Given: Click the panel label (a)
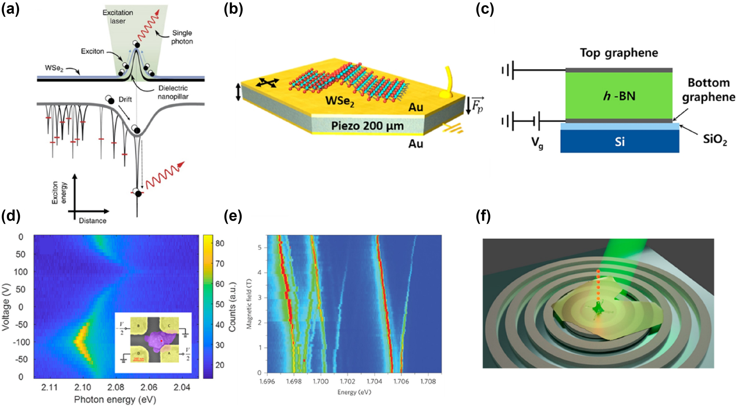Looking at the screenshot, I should (10, 9).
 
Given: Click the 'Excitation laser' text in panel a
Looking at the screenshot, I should (118, 17).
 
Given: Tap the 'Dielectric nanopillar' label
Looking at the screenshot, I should (173, 92).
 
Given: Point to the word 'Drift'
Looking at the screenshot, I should (125, 99).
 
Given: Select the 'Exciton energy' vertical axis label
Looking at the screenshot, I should (59, 192).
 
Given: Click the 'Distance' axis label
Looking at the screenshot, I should (92, 221).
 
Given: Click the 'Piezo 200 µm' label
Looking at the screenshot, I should (367, 126).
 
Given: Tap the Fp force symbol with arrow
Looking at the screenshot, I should (475, 105).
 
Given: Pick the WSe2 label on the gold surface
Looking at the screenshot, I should (340, 101).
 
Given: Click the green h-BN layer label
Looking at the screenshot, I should (619, 96).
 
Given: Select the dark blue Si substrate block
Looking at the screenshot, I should (619, 142).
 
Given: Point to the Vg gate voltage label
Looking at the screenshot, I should (538, 143).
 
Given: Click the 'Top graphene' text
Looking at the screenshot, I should (619, 53).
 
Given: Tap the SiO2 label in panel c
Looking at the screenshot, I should (715, 139).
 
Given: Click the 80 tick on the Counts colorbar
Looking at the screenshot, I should (220, 244).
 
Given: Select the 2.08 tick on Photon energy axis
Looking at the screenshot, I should (116, 387).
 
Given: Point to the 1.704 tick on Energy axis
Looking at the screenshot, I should (374, 381).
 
